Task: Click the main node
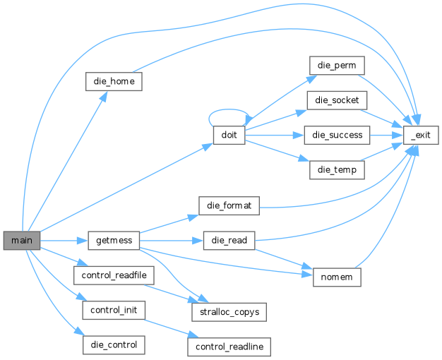[22, 241]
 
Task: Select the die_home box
[114, 81]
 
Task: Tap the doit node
[229, 136]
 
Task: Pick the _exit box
[421, 136]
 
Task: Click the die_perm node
[337, 66]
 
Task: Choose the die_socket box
[337, 100]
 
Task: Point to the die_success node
[337, 136]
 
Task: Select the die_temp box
[337, 170]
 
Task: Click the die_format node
[229, 206]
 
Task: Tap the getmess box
[114, 241]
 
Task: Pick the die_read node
[229, 241]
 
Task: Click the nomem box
[337, 277]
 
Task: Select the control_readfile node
[114, 275]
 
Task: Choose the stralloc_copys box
[229, 312]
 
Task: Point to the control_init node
[114, 310]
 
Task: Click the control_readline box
[229, 347]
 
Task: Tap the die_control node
[114, 345]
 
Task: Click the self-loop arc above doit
[229, 109]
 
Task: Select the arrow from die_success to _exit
[386, 136]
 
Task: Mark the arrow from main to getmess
[64, 241]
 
